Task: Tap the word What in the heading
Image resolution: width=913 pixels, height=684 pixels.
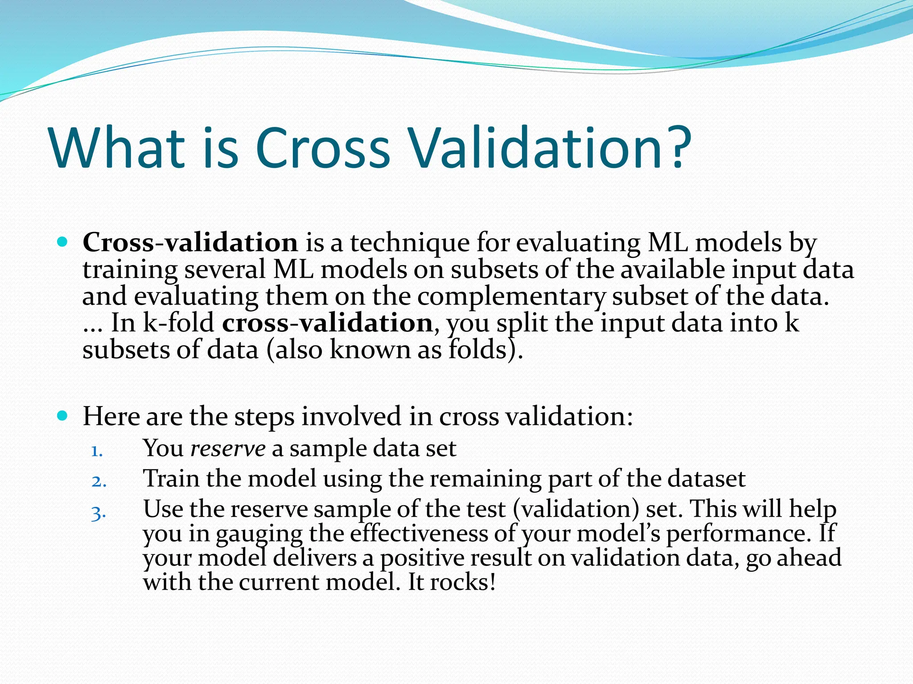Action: (117, 148)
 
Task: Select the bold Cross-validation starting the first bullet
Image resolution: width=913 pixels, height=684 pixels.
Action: (190, 243)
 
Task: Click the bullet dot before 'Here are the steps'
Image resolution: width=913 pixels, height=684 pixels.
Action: (62, 416)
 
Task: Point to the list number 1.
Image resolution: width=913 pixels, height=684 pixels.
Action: (97, 451)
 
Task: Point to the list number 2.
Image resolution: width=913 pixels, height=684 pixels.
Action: (99, 481)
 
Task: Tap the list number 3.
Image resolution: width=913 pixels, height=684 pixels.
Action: (99, 513)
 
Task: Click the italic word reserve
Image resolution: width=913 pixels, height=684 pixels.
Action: (228, 448)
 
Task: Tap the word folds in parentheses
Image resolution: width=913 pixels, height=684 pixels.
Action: (477, 349)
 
